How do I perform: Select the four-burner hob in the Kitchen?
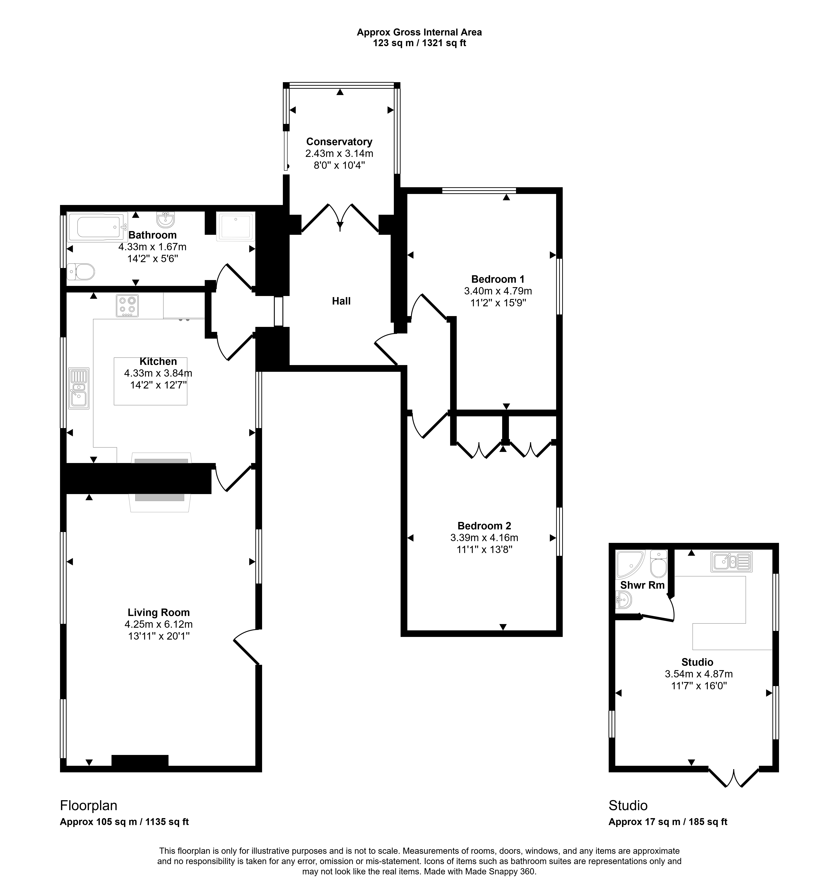127,305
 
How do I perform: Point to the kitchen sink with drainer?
79,388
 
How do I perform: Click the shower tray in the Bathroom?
235,226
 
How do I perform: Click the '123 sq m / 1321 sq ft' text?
419,43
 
